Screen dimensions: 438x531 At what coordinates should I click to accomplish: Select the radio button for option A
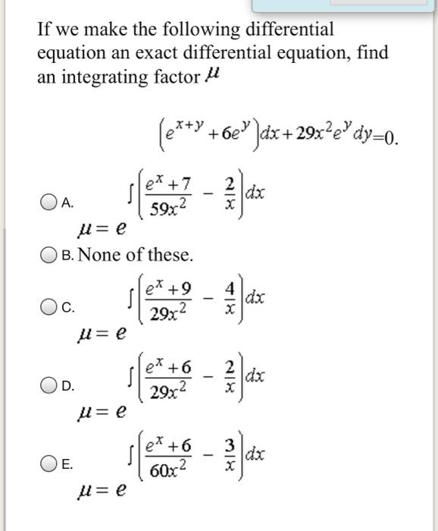(51, 202)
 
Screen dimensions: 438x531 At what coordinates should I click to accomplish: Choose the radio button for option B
(51, 253)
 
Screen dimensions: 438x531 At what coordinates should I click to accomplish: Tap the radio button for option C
(51, 307)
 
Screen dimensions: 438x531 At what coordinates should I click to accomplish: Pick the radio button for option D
(51, 387)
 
